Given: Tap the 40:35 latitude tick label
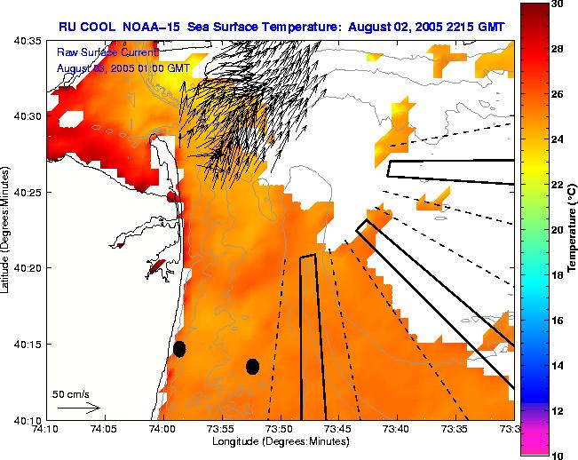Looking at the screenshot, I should (x=27, y=41).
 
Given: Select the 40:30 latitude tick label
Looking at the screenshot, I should (x=27, y=116).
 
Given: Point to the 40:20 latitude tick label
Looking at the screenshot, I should (x=27, y=268).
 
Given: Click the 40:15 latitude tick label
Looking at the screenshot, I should (x=27, y=344).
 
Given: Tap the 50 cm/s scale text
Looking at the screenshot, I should (x=71, y=393).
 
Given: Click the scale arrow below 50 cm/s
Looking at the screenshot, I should (x=78, y=408).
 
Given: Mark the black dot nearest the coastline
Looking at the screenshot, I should (x=179, y=349).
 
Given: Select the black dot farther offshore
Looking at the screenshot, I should (x=252, y=366).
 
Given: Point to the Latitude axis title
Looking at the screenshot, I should (x=7, y=229).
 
